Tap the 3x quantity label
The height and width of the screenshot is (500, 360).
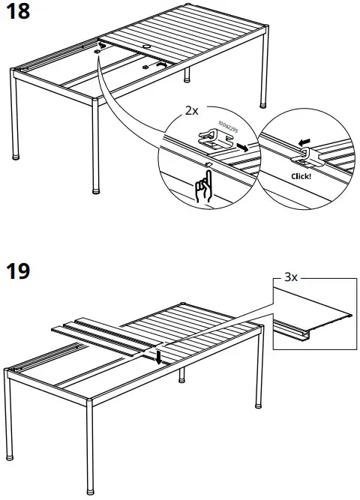[290, 277]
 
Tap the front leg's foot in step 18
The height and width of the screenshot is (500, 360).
[95, 190]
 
